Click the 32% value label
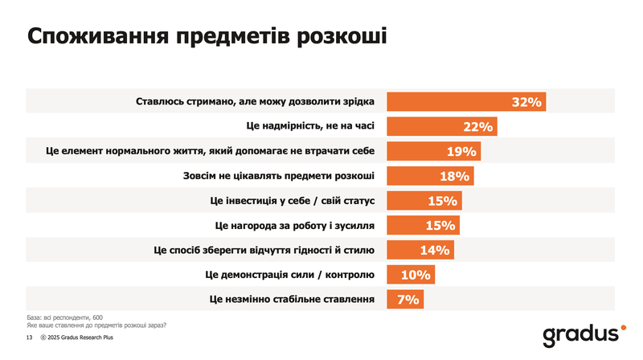coord(527,102)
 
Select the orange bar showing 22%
coord(442,127)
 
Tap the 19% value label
coord(462,152)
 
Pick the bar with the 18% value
coord(430,176)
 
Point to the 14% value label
coord(434,250)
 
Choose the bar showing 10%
coord(412,275)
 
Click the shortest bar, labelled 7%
coord(405,299)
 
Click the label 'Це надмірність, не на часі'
coord(309,127)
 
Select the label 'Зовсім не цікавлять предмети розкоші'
coord(274,176)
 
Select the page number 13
coord(30,339)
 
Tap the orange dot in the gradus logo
coord(621,328)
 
